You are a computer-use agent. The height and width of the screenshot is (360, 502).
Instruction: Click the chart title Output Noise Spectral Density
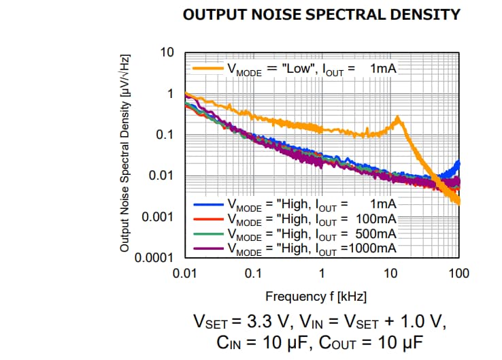click(322, 14)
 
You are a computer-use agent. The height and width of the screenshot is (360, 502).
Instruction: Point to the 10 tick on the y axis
click(167, 53)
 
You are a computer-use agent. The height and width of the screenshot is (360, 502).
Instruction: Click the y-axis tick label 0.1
click(165, 135)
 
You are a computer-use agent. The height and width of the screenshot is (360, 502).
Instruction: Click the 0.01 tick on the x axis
click(185, 274)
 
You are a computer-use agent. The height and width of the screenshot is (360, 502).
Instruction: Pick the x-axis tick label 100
click(459, 274)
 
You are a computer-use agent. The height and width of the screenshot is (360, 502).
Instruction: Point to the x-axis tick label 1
click(322, 274)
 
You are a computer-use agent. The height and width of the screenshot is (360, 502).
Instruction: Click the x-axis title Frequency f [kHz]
click(322, 296)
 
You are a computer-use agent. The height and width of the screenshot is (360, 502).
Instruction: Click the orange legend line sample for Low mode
click(208, 68)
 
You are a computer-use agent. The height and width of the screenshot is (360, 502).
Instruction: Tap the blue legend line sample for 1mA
click(208, 203)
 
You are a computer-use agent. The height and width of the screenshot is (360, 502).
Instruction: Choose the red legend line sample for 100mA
click(208, 219)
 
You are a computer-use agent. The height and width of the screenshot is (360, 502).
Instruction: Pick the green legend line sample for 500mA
click(208, 234)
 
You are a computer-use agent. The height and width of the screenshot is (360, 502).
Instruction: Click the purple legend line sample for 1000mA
click(208, 248)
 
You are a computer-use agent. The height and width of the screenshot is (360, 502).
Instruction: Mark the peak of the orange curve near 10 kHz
click(398, 118)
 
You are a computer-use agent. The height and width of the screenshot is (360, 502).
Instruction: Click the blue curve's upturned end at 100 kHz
click(458, 163)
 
